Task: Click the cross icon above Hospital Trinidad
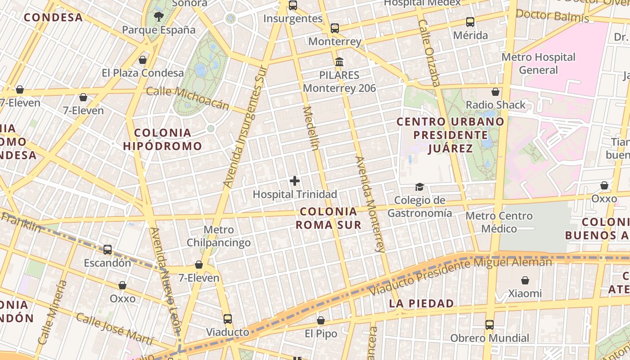pos(295,181)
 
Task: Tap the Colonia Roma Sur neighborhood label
pos(328,218)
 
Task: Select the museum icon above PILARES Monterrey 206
pos(339,62)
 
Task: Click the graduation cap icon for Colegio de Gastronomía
pos(419,187)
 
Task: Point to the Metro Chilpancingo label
pos(219,236)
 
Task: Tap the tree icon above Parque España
pos(158,17)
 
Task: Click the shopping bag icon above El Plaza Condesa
pos(143,59)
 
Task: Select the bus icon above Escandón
pos(108,249)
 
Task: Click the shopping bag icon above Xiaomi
pos(525,280)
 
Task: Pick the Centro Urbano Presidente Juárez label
pos(450,135)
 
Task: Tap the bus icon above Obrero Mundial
pos(490,324)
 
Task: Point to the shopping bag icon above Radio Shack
pos(495,92)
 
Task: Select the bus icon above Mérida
pos(470,22)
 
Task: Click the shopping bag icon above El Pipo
pos(321,320)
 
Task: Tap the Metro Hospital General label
pos(538,63)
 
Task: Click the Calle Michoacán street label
pos(188,98)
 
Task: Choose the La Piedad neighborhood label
pos(422,303)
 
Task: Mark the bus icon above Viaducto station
pos(228,319)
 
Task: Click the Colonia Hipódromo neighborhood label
pos(162,139)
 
